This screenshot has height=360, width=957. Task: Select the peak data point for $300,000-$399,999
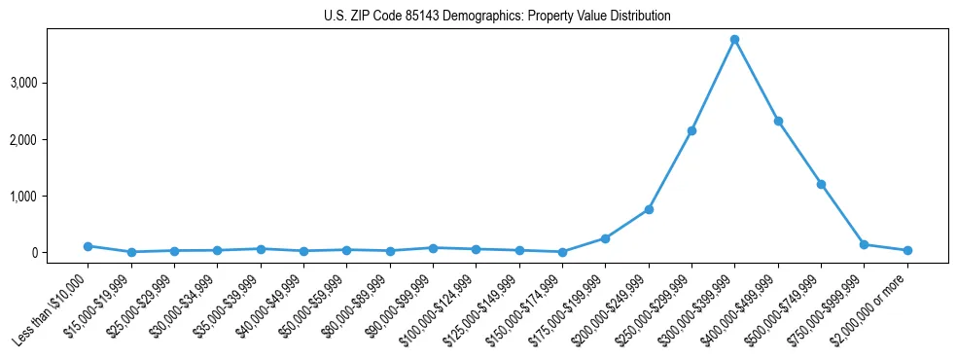[x=734, y=39]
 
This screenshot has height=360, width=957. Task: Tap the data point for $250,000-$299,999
[x=691, y=130]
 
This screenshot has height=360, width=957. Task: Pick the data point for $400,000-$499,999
[x=778, y=121]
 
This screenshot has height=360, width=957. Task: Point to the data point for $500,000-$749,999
[x=821, y=184]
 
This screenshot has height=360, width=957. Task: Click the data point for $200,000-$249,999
[x=649, y=209]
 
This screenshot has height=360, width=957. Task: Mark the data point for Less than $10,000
[x=88, y=246]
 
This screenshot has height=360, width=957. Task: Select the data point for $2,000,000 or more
[x=907, y=250]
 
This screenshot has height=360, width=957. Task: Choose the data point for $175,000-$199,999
[x=605, y=238]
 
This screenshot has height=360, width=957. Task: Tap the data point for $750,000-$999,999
[x=864, y=244]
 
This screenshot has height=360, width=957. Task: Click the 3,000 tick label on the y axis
[x=51, y=84]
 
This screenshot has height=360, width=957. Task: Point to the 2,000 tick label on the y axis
[x=51, y=140]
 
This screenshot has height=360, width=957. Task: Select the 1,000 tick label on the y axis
[x=51, y=197]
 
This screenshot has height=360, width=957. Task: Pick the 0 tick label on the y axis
[x=60, y=253]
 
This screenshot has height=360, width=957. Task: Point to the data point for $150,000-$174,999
[x=562, y=252]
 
